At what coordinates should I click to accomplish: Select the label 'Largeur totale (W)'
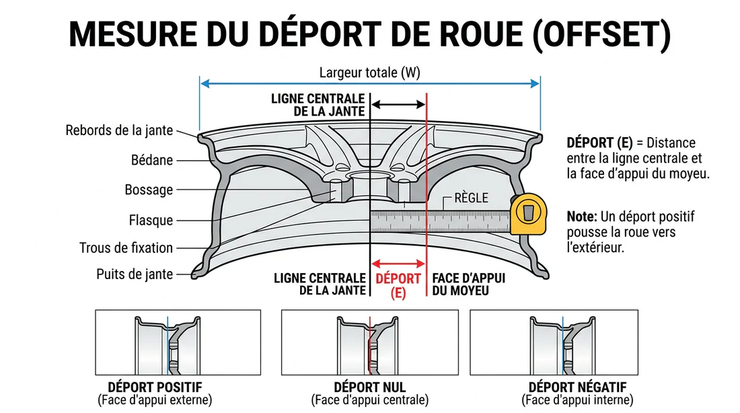369,73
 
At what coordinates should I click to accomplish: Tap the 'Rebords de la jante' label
119,130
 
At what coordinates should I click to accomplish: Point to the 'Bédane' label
152,160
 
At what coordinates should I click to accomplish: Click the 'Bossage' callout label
149,190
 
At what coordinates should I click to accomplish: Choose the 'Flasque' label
151,220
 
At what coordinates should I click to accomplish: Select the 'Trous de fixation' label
126,248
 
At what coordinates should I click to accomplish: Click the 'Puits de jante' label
135,274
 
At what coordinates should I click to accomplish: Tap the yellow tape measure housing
529,215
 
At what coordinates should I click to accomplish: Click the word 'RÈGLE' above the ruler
470,198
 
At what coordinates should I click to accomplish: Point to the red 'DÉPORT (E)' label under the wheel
398,285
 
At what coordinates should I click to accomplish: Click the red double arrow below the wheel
398,264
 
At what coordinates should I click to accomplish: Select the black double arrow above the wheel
398,104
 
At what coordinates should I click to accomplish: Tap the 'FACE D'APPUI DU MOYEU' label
469,285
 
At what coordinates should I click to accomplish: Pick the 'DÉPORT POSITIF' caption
155,387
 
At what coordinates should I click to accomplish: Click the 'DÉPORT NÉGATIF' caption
578,387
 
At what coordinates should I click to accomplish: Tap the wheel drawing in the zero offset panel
369,343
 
